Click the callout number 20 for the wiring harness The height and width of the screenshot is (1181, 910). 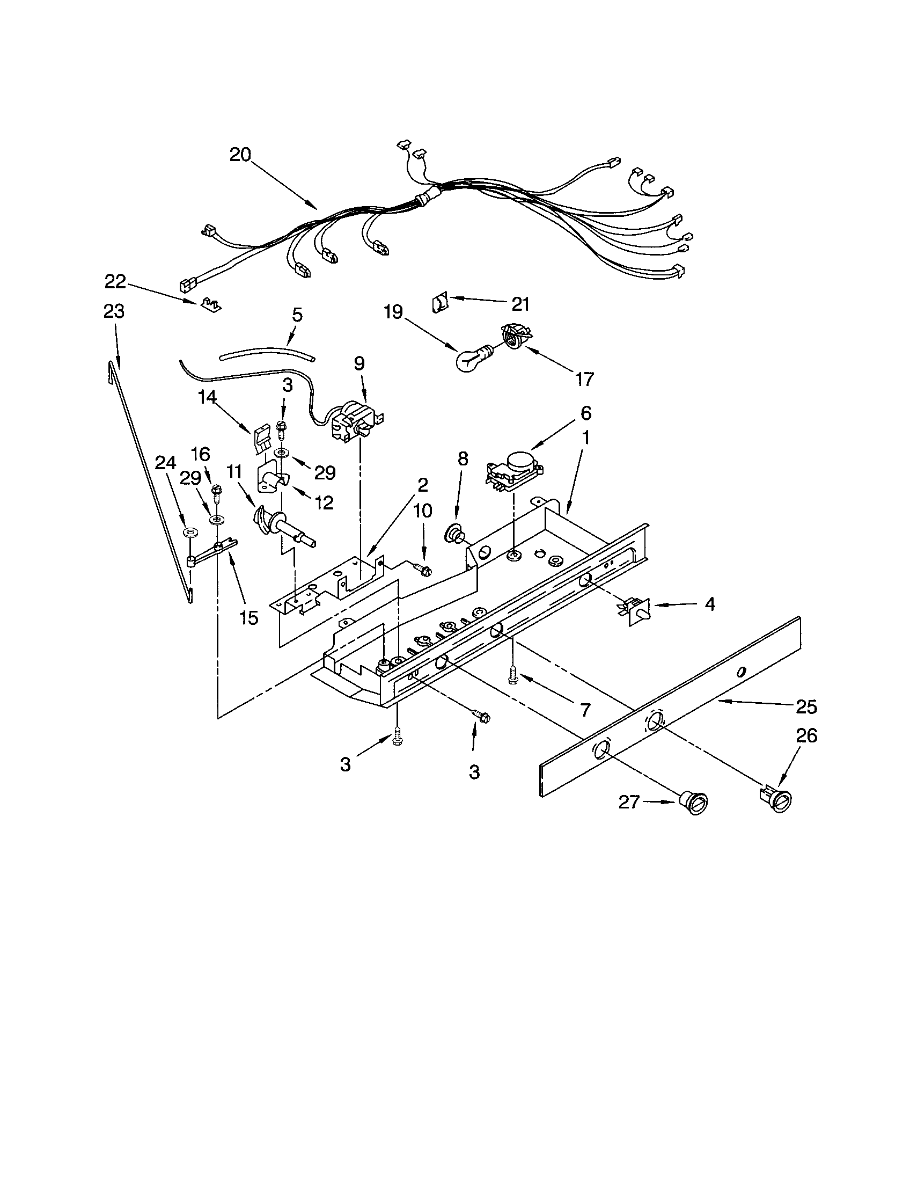(x=240, y=155)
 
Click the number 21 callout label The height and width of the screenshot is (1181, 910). (x=520, y=304)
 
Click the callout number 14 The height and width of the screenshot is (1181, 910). (x=207, y=397)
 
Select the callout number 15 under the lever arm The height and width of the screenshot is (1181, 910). (x=248, y=617)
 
